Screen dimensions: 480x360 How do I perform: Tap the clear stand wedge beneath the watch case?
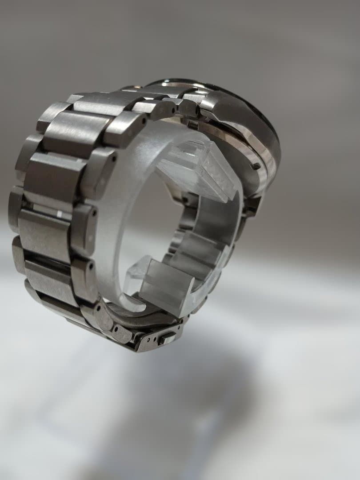[200, 169]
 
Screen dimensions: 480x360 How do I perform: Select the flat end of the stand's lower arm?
[167, 289]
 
